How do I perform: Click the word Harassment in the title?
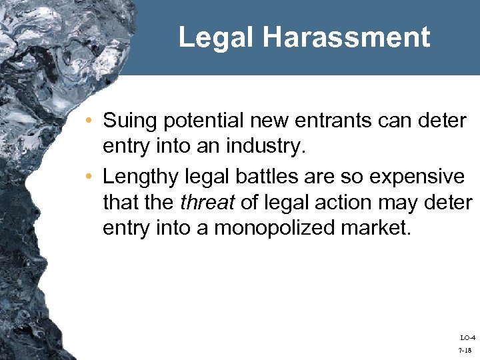[x=346, y=37]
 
